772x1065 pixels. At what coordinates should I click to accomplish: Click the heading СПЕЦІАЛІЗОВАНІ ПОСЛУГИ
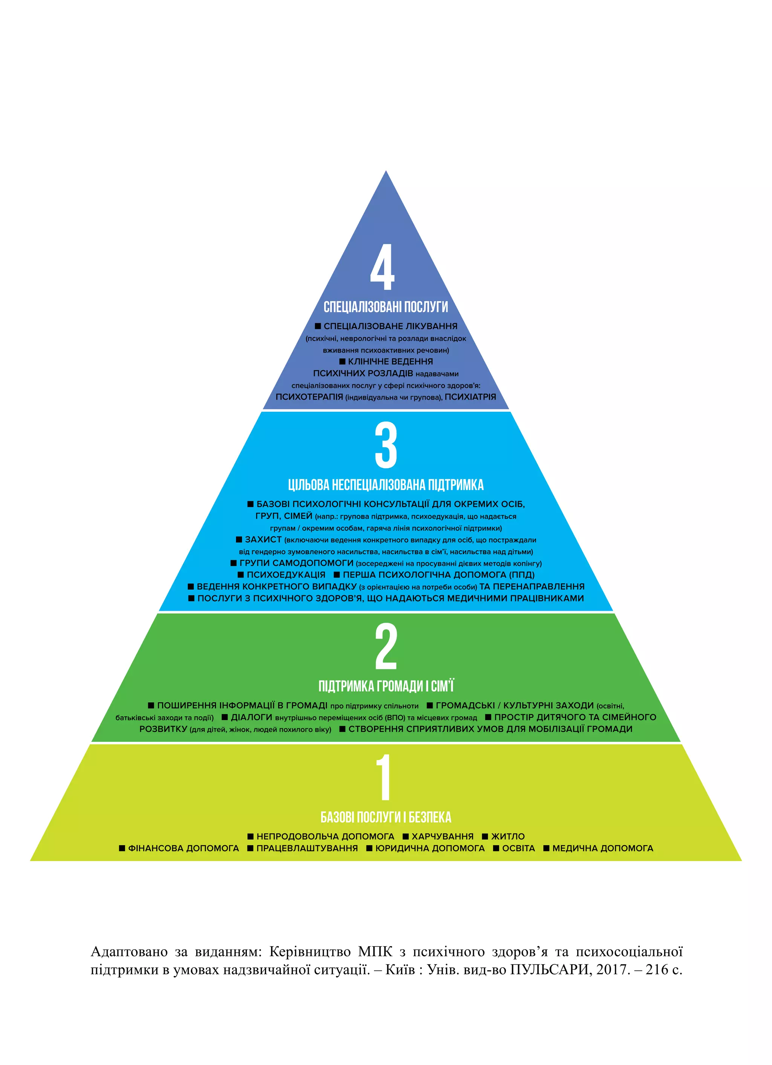(386, 307)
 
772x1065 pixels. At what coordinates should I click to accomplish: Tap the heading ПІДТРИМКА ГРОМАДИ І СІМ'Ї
(386, 686)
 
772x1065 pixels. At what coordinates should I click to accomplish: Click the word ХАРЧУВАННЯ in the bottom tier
(442, 836)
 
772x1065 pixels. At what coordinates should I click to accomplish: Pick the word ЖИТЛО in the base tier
(508, 836)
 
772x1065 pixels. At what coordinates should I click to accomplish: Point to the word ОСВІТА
(518, 848)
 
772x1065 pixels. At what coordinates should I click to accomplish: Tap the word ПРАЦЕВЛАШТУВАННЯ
(307, 848)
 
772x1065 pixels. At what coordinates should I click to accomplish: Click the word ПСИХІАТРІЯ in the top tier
(470, 397)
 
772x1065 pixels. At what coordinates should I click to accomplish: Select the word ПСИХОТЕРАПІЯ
(309, 397)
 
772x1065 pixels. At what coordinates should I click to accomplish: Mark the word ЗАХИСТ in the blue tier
(263, 539)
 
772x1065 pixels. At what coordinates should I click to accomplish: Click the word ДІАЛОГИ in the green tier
(251, 717)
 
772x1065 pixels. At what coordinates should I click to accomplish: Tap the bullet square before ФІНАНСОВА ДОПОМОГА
(122, 848)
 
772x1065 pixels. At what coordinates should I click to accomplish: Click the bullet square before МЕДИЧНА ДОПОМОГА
(546, 848)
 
